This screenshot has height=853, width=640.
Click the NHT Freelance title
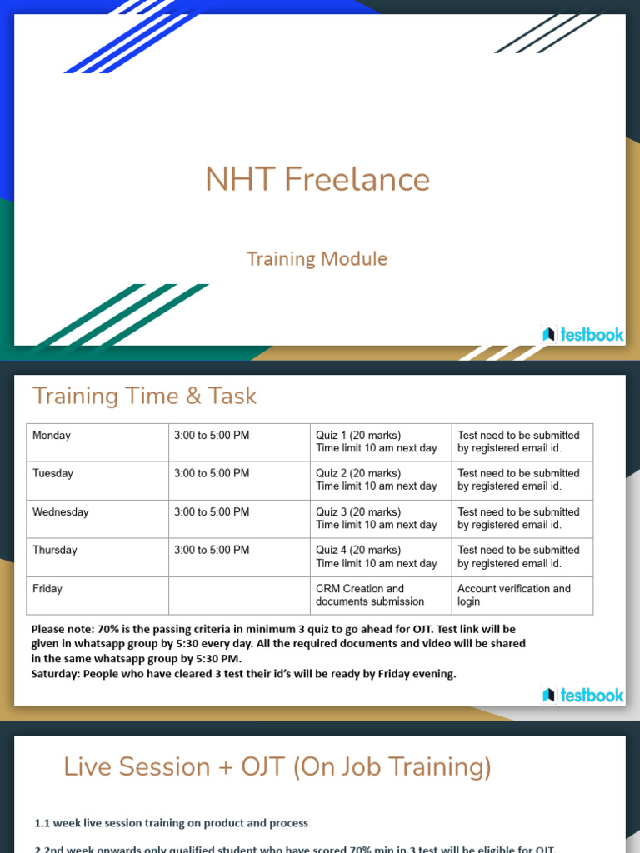pyautogui.click(x=317, y=179)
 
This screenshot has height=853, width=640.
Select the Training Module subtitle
pyautogui.click(x=317, y=258)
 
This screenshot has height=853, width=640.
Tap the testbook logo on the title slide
pyautogui.click(x=582, y=334)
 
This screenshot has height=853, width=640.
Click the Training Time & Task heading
pyautogui.click(x=144, y=396)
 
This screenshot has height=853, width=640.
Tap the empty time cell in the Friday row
pyautogui.click(x=238, y=595)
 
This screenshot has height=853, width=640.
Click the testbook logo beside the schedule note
pyautogui.click(x=582, y=695)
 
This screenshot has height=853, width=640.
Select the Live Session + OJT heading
pyautogui.click(x=277, y=766)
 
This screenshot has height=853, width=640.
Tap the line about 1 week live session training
pyautogui.click(x=171, y=823)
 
